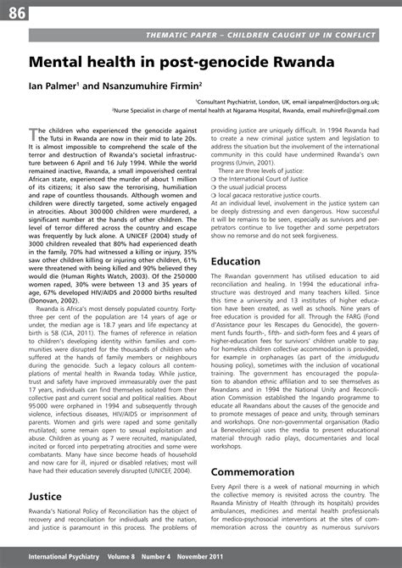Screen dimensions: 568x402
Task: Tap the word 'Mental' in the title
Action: click(61, 63)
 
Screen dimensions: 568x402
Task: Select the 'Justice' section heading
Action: click(45, 495)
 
